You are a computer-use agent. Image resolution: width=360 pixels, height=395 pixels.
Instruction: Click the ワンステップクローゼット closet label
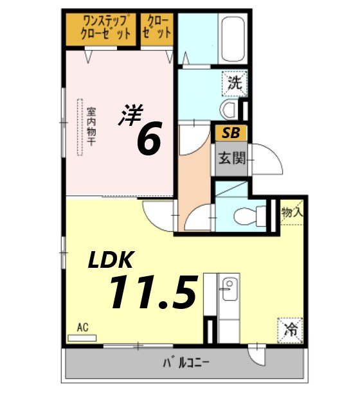point(103,28)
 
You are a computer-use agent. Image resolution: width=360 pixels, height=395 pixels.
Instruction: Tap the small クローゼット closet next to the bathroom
point(157,28)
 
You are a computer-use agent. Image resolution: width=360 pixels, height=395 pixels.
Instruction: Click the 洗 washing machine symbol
point(235,83)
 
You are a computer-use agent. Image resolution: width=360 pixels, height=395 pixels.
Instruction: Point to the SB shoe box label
point(228,134)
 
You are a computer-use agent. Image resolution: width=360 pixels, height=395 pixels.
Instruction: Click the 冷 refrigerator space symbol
point(291,331)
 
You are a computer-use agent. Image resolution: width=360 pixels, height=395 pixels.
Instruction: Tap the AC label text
point(82,328)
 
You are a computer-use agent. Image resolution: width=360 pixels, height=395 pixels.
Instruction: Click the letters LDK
point(110,259)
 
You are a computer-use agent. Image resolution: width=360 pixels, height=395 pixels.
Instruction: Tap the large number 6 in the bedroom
point(148,139)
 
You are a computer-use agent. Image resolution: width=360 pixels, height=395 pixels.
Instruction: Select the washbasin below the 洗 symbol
point(228,107)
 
